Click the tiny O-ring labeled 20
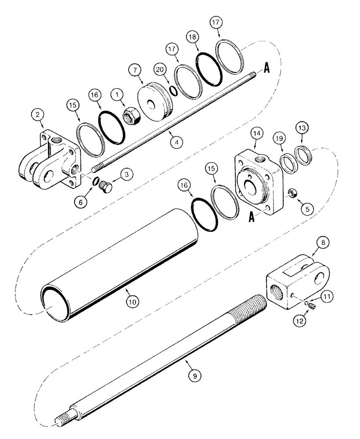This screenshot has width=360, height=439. [x=174, y=90]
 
